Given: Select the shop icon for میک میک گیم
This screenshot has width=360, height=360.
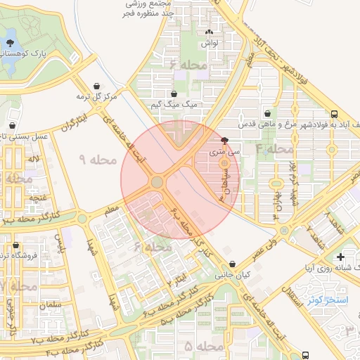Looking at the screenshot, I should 174,93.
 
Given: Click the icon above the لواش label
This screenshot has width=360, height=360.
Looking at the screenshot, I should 208,32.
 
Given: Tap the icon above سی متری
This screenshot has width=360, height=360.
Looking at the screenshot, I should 224,141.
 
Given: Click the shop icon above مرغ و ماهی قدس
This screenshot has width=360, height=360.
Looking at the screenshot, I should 267,112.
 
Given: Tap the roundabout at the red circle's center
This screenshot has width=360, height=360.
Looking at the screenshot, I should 157,182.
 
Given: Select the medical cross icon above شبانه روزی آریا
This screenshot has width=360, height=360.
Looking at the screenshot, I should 341,257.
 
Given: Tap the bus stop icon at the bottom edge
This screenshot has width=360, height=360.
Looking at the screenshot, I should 305,356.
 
